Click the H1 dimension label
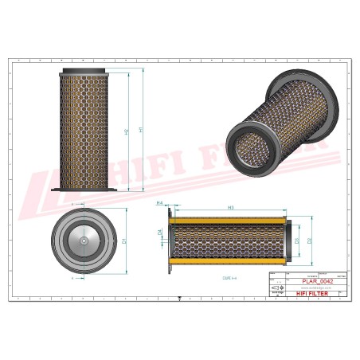[x=140, y=130]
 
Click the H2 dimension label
[x=127, y=132]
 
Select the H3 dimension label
[x=230, y=207]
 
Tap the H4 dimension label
[x=160, y=204]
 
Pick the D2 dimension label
[x=310, y=239]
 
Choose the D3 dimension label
[x=297, y=239]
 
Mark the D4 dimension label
[x=160, y=233]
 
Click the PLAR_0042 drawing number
[x=317, y=281]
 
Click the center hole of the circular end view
[x=83, y=241]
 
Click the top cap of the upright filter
[x=83, y=71]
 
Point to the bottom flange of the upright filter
[x=83, y=190]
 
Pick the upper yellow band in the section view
[x=229, y=221]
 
